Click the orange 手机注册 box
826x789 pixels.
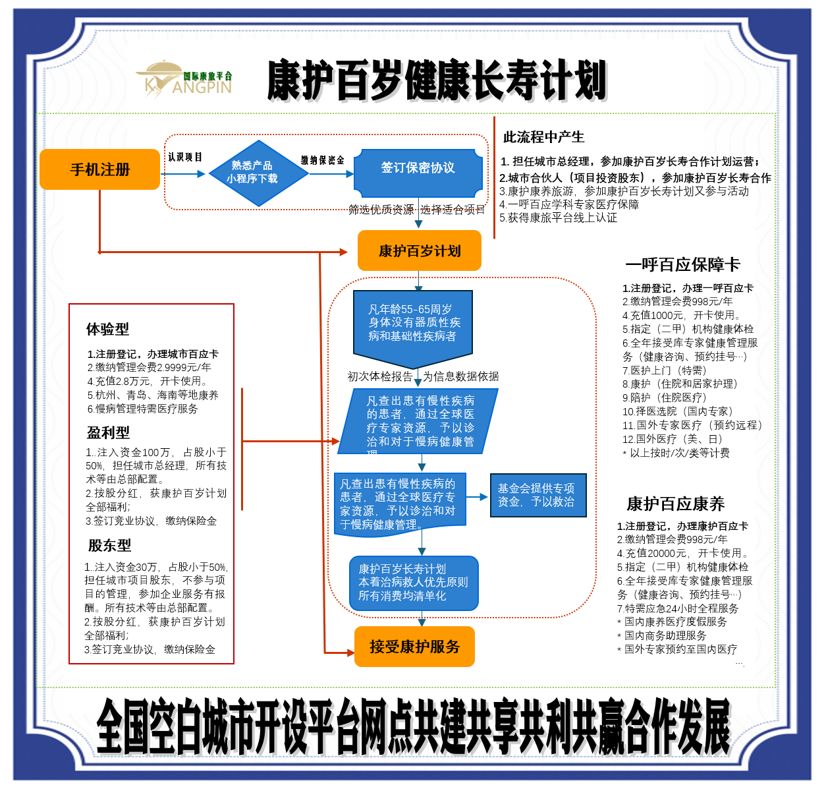coord(99,169)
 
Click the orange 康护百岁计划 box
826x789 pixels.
coord(419,250)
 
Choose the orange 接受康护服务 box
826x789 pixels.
coord(414,647)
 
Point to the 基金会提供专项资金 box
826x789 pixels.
coord(537,495)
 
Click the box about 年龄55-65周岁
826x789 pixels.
coord(413,324)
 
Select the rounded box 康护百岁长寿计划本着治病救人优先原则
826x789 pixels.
coord(413,583)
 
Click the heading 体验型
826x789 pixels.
coord(107,329)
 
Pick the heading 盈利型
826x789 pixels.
coord(108,432)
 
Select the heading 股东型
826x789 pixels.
coord(109,545)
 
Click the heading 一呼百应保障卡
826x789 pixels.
coord(682,264)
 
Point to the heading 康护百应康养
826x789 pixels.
coord(675,504)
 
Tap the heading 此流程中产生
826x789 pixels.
coord(543,137)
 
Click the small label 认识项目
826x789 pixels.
coord(184,157)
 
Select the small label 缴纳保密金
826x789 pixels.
coord(323,160)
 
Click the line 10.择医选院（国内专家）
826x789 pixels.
coord(678,411)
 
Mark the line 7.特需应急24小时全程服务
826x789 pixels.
coord(678,608)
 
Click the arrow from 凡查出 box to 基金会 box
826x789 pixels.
coord(477,497)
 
